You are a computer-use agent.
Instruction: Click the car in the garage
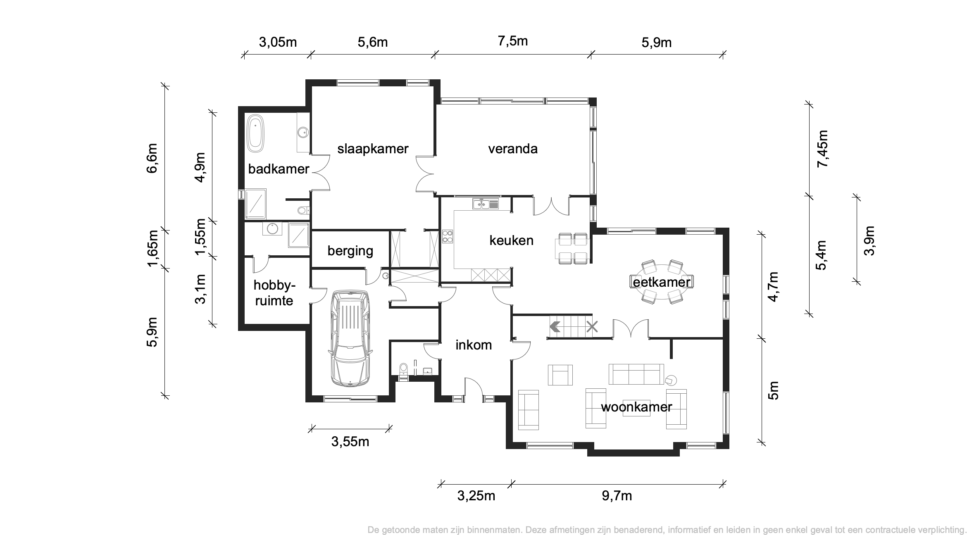click(350, 338)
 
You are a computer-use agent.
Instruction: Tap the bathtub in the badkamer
click(255, 133)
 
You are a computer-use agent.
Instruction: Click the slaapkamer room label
click(373, 149)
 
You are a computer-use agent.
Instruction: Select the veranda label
click(513, 149)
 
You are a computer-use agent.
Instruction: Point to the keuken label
click(511, 240)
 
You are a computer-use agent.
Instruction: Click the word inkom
click(474, 345)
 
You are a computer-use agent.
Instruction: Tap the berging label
click(350, 251)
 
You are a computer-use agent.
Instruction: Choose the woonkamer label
click(636, 407)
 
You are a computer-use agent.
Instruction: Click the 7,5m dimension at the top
click(513, 41)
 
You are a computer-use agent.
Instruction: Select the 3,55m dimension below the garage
click(350, 442)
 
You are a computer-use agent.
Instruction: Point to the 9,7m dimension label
click(617, 496)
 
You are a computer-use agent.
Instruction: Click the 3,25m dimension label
click(476, 496)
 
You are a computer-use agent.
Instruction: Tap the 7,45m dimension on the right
click(822, 149)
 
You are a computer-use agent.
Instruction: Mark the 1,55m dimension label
click(200, 237)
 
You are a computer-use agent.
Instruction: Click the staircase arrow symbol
click(555, 327)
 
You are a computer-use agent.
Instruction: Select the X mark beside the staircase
click(592, 327)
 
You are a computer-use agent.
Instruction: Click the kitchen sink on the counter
click(486, 204)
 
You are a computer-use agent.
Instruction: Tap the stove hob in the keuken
click(448, 236)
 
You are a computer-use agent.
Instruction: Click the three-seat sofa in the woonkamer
click(636, 374)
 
